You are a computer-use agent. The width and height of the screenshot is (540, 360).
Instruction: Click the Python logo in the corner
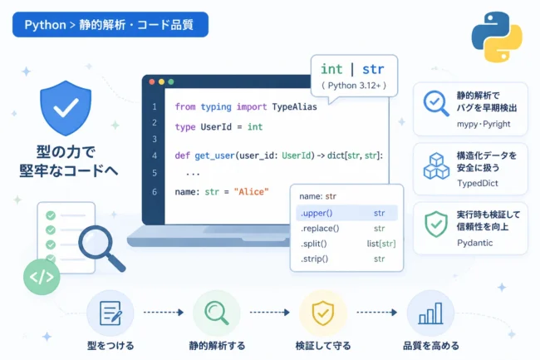pos(497,37)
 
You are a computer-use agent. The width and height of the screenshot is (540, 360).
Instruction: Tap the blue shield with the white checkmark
pos(66,108)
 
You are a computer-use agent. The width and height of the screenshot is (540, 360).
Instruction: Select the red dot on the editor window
pos(151,82)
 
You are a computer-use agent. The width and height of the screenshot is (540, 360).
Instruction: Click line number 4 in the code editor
pos(155,155)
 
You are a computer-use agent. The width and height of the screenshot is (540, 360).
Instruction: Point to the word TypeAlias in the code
pos(294,106)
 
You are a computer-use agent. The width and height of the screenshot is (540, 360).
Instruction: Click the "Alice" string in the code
pos(251,192)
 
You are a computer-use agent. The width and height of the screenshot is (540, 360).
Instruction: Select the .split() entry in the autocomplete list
pos(314,244)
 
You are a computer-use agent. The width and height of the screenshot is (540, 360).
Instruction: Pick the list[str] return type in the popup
pos(381,244)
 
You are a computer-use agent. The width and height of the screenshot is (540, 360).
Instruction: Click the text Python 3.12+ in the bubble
pos(354,86)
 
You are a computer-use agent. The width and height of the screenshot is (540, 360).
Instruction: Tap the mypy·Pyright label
pos(484,124)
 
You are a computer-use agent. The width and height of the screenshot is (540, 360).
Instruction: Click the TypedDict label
pos(478,183)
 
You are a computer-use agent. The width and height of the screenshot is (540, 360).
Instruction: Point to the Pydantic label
pos(474,243)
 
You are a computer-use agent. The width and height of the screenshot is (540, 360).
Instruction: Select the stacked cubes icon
pos(436,166)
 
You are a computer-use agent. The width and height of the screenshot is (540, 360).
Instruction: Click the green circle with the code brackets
pos(42,277)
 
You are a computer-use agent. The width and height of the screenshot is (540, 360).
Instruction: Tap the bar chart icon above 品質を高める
pos(430,313)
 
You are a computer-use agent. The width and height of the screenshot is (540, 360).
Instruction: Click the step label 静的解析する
pos(217,346)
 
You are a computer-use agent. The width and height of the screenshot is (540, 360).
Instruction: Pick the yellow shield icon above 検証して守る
pos(322,313)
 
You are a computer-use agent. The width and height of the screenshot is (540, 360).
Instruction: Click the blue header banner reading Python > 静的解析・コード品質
pos(110,24)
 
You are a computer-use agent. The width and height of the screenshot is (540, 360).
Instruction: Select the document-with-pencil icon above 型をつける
pos(110,313)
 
